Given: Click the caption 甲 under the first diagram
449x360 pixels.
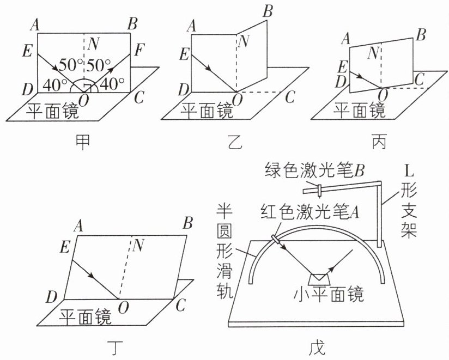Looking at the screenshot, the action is click(82, 142).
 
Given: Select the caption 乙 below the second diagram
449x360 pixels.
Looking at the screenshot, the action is click(235, 142).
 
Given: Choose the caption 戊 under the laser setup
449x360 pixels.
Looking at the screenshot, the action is click(317, 347).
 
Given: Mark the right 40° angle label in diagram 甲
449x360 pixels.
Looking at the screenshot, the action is click(112, 83).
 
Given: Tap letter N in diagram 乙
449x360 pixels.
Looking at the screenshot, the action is click(244, 41).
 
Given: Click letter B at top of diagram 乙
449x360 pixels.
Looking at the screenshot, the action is click(268, 12).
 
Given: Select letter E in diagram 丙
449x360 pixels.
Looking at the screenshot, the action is click(343, 68).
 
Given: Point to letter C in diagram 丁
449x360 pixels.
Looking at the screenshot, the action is click(181, 305).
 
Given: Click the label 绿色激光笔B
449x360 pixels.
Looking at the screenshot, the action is click(315, 170).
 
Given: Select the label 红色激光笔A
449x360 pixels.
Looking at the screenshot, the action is click(310, 212).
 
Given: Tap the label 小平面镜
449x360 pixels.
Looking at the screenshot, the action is click(329, 294).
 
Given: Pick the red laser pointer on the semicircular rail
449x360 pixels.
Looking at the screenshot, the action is click(277, 239).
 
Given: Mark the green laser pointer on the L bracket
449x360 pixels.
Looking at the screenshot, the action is click(319, 191).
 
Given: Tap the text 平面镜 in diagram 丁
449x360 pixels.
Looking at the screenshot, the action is click(85, 316).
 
